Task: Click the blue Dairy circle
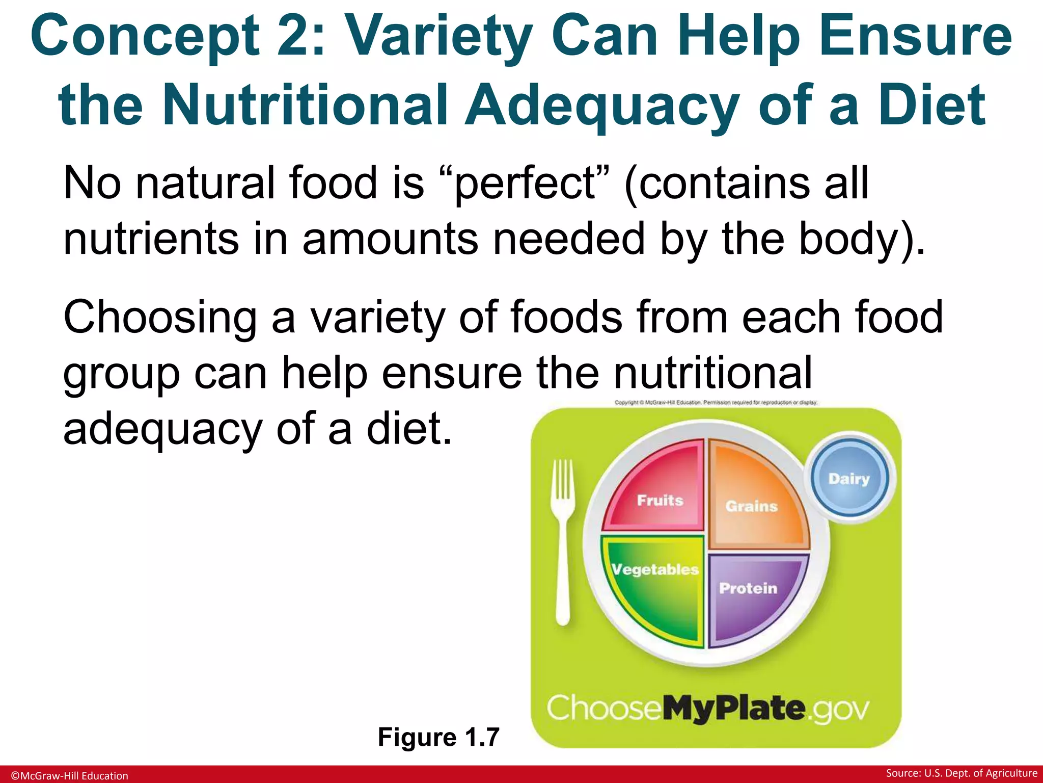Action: point(849,478)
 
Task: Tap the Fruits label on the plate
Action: point(660,500)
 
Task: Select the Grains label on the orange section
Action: point(751,506)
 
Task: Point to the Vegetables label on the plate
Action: point(655,569)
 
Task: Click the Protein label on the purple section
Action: point(748,588)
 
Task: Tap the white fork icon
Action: point(563,540)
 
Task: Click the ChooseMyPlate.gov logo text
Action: point(708,708)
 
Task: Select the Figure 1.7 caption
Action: point(438,737)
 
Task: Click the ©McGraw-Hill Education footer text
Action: point(70,775)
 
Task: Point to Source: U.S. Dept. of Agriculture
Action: point(962,773)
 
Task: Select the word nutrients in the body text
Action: point(151,239)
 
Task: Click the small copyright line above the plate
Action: point(716,402)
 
